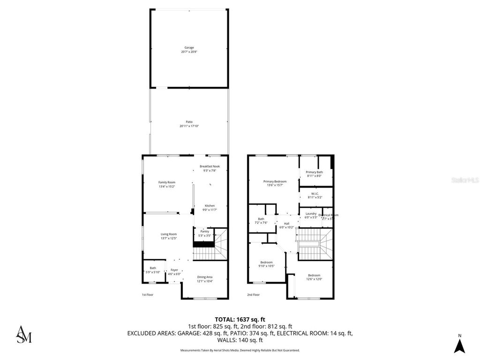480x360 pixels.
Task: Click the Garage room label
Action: pos(189,47)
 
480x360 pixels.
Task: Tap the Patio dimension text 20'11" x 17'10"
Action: pos(189,126)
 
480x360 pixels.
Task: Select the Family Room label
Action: pos(166,182)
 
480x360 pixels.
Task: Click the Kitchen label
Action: pos(210,206)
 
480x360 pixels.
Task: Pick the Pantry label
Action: pos(204,231)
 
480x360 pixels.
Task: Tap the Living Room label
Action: pos(169,234)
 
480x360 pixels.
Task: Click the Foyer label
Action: pos(174,270)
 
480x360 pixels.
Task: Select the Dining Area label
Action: pos(205,277)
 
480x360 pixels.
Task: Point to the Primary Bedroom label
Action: pos(275,181)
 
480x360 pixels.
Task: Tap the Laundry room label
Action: pos(311,213)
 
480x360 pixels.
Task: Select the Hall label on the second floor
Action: pos(286,223)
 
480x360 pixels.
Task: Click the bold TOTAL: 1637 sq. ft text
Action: pos(240,319)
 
